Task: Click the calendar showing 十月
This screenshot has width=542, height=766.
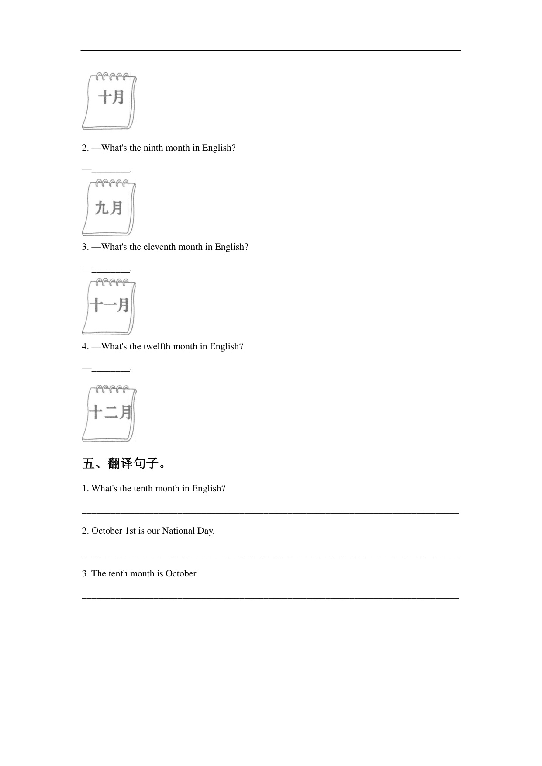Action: point(109,101)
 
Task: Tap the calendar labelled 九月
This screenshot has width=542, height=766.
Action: point(109,208)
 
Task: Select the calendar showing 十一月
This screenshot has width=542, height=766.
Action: point(109,307)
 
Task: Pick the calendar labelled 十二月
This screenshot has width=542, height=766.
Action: point(109,413)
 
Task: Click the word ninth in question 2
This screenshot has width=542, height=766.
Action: point(153,148)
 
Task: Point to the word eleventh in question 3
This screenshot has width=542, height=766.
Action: point(159,247)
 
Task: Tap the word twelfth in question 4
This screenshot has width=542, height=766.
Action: point(157,346)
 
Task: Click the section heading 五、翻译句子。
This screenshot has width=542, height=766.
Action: point(124,463)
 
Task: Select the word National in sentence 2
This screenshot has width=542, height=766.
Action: point(178,531)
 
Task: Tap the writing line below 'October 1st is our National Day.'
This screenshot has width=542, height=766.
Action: point(271,556)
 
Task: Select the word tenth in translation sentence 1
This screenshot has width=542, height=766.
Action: point(143,488)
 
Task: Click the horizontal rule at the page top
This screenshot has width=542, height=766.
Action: point(271,51)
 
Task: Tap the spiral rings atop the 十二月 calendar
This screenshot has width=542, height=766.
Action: point(112,389)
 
